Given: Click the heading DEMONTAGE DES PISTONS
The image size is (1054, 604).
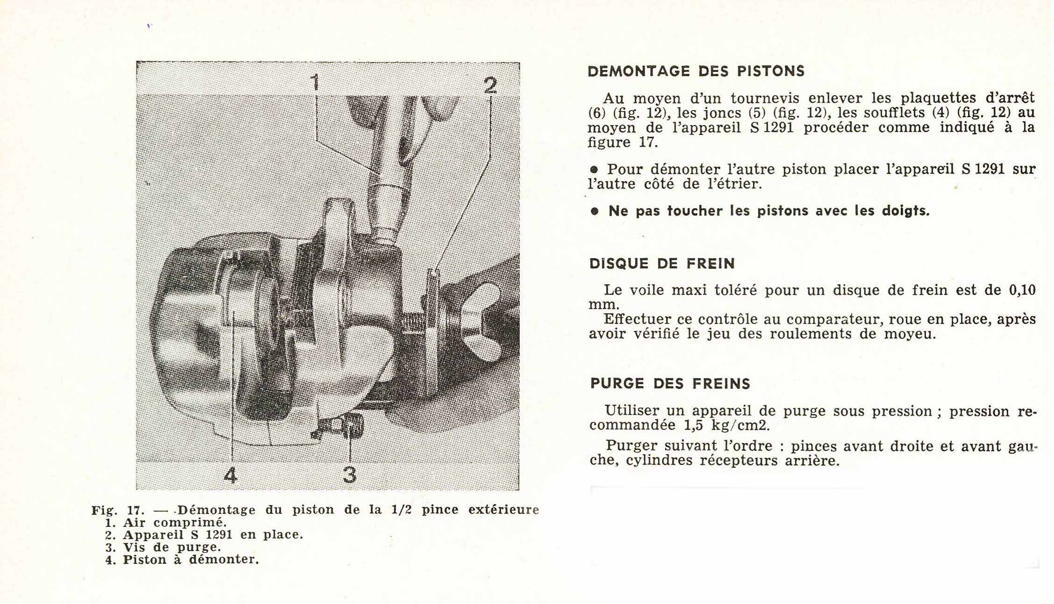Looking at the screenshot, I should [696, 71].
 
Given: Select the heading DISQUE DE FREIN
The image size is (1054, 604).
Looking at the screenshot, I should [662, 264].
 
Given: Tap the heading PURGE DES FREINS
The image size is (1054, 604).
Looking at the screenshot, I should [670, 384].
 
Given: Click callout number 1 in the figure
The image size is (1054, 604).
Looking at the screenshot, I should [316, 83].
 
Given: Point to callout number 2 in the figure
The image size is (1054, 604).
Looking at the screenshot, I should [490, 86].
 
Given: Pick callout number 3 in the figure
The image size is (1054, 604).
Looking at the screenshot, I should [349, 475].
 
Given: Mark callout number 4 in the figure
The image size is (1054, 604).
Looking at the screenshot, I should [231, 476].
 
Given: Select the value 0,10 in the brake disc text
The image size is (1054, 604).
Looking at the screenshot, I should [1022, 290].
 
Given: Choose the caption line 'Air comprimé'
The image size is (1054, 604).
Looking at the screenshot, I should [174, 523].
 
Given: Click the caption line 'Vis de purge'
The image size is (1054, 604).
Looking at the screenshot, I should [171, 547].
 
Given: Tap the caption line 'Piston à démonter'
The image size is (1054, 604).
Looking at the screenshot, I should [190, 560].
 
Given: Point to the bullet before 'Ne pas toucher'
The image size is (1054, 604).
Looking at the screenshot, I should [594, 211].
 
